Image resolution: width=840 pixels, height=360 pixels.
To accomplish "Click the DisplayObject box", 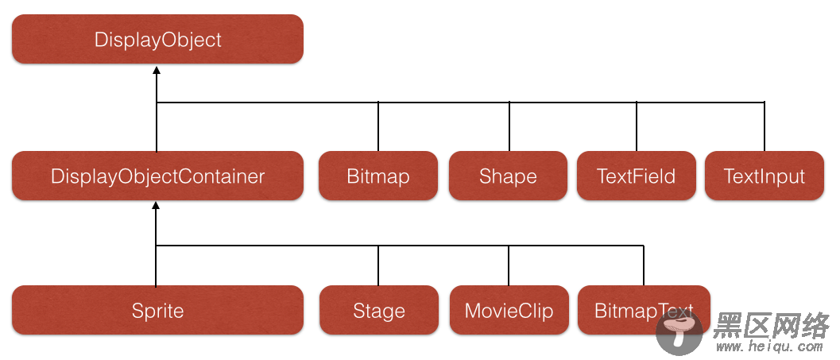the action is coord(157,39).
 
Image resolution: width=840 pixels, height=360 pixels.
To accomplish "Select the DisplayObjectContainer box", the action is coord(157,176).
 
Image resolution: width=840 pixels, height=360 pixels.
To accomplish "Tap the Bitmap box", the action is coord(378,176).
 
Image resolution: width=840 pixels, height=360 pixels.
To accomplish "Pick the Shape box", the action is coord(508,176).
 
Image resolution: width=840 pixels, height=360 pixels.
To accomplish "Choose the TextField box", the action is coord(637,176).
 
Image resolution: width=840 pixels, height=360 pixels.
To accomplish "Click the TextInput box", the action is coord(765,176).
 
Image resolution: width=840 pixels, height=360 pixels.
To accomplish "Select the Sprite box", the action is coord(157,310).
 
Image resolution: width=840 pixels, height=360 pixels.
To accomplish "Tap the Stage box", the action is coord(379,310).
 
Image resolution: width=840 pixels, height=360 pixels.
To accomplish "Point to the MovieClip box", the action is coord(509,310).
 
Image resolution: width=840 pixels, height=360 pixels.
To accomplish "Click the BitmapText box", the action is coord(644,310).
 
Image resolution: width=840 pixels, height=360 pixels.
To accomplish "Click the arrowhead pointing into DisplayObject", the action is coord(157,70).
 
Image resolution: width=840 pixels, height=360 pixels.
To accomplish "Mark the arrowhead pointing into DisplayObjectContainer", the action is coord(156,206).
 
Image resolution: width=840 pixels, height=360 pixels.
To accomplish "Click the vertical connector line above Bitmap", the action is coord(378,126).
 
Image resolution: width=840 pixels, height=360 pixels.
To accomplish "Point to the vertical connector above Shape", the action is coord(509,126).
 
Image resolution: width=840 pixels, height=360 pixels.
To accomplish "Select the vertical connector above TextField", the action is coord(637,126).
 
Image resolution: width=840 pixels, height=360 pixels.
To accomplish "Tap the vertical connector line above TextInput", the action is coord(765,126).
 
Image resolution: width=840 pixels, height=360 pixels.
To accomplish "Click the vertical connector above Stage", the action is coord(378,265).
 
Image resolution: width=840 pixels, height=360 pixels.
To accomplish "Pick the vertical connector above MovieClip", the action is coord(509,265).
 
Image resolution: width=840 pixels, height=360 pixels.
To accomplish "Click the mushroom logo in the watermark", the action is coord(679,332).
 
